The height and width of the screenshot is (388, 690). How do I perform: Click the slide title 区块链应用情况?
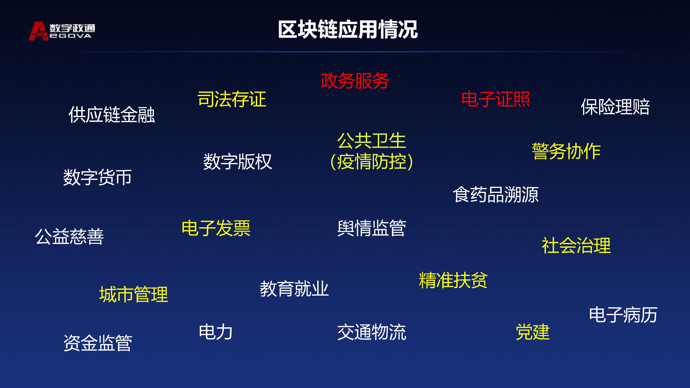348,29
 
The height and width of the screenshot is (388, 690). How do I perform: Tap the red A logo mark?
39,31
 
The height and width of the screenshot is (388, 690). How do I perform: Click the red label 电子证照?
496,99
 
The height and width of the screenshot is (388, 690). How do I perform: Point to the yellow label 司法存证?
232,99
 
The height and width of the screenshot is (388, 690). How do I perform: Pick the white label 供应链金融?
112,115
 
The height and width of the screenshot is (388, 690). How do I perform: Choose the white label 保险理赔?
615,107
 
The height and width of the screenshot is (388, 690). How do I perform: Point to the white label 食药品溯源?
496,195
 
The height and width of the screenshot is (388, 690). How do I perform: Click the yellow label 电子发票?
216,228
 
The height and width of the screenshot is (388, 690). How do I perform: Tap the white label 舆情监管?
372,228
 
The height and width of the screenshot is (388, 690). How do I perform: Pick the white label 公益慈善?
69,236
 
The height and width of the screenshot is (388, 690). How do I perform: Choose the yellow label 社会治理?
576,245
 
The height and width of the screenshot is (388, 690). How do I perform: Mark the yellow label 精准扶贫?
453,280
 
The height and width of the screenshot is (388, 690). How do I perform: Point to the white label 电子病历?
623,315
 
